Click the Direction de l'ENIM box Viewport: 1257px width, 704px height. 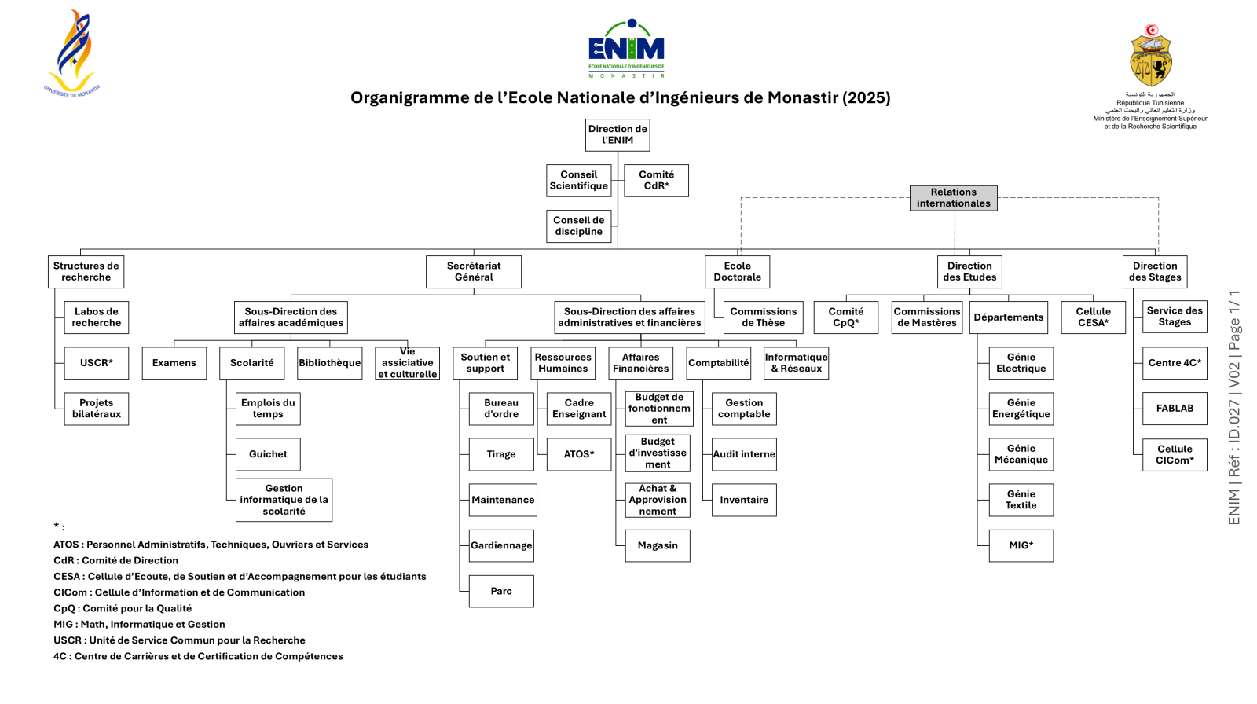tap(618, 135)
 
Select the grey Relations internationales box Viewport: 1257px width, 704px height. tap(953, 198)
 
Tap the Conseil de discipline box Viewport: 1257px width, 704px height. tap(578, 226)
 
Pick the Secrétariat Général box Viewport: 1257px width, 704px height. tap(474, 272)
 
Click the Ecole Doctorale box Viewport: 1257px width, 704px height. tap(737, 272)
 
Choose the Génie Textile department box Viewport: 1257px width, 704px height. tap(1021, 500)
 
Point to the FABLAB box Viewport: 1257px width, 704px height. tap(1175, 409)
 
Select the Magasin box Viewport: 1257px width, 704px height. tap(658, 545)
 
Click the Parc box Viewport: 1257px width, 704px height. tap(501, 591)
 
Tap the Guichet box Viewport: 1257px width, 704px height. tap(268, 454)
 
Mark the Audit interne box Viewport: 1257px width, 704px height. tap(744, 454)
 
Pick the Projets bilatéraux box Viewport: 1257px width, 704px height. tap(97, 409)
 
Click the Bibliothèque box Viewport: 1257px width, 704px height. tap(329, 363)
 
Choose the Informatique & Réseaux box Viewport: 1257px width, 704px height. tap(796, 363)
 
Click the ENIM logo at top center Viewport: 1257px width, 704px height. tap(626, 49)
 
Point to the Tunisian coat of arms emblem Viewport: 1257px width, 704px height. tap(1150, 57)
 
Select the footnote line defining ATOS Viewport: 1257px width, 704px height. tap(211, 544)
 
